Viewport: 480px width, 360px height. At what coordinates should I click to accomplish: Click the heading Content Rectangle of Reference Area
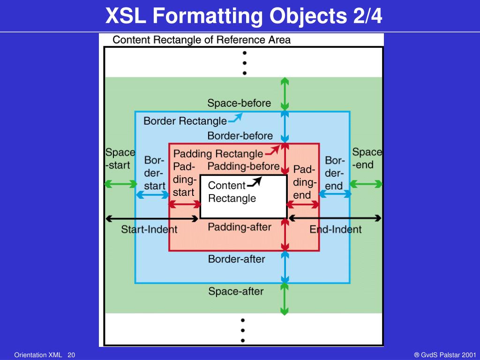coord(202,40)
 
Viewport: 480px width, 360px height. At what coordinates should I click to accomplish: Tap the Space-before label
coord(239,103)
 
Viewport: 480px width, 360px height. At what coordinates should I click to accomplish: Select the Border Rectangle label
coord(185,121)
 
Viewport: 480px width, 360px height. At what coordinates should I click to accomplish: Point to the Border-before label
coord(240,136)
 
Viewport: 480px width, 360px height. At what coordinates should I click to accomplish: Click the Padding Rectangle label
coord(218,154)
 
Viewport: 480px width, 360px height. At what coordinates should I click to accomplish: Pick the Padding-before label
coord(243,166)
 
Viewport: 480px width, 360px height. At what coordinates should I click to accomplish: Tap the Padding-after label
coord(240,227)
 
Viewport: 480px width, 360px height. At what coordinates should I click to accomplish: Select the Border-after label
coord(236,259)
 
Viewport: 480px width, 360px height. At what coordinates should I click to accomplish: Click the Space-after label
coord(236,292)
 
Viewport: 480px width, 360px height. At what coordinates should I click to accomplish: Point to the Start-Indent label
coord(149,229)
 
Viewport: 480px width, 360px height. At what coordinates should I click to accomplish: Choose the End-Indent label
coord(336,229)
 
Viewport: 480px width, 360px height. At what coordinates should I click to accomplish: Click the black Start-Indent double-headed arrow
coord(153,218)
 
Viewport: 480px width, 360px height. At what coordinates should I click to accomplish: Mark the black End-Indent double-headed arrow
coord(335,218)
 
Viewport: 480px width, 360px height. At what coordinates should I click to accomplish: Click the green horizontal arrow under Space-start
coord(120,184)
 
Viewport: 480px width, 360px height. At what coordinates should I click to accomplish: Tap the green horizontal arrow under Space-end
coord(366,184)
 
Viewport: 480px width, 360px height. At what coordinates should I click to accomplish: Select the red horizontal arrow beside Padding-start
coord(184,204)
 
